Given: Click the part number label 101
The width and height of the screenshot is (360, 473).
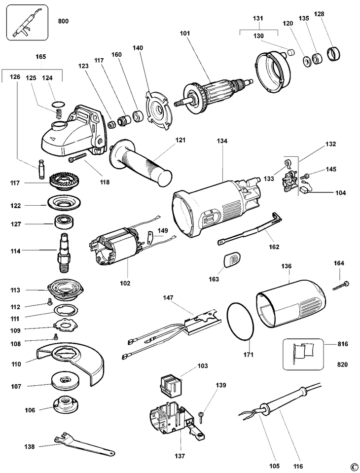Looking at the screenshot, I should (185, 35).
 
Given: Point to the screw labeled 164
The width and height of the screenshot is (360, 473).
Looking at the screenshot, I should (341, 285).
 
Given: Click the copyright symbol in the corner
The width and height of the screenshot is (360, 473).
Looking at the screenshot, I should (353, 467).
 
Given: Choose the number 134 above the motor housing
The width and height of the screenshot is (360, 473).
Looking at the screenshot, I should (222, 141).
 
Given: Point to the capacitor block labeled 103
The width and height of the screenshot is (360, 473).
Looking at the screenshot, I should (171, 384).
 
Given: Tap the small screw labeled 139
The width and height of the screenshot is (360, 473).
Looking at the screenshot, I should (202, 415).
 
